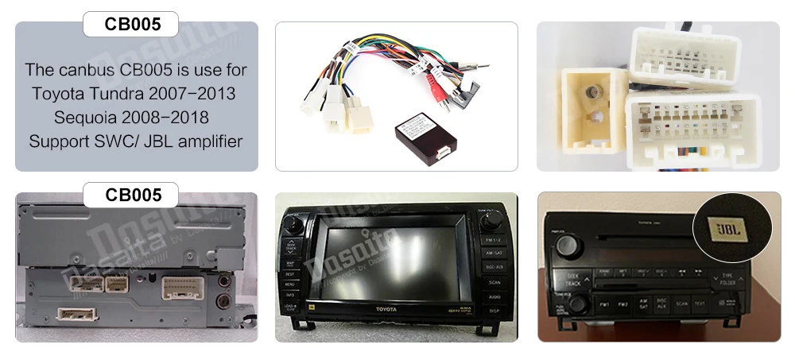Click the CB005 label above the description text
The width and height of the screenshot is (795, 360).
click(x=132, y=24)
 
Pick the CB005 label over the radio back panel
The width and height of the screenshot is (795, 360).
click(x=132, y=195)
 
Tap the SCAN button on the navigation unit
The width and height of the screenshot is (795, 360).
click(x=494, y=282)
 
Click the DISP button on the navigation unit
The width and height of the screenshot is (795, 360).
click(x=494, y=311)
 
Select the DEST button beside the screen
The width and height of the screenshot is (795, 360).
click(x=291, y=273)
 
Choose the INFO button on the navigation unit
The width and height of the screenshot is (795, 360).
click(x=291, y=295)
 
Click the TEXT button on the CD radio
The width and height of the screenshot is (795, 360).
click(x=700, y=304)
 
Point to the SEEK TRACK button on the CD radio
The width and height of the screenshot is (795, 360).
click(x=572, y=278)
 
